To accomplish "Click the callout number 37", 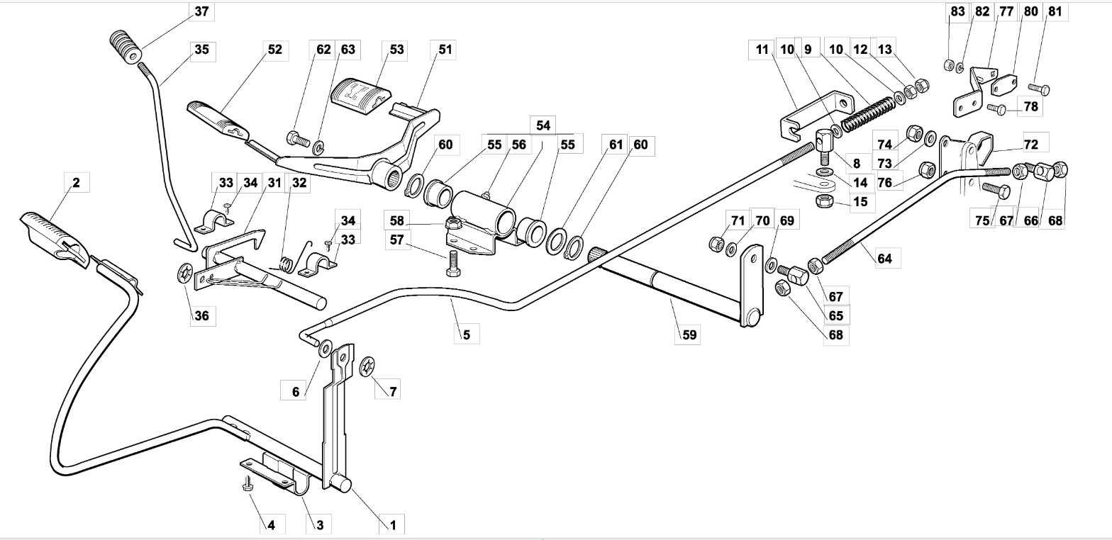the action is pos(201,11).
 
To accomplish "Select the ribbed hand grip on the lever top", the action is pos(125,47).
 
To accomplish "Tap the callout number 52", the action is pos(274,50).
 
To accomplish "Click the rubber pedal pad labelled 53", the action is pos(361,97).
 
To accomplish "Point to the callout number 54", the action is pos(543,125).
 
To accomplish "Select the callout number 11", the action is pos(762,50).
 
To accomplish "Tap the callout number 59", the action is pos(689,334).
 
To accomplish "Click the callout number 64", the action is pos(884,259).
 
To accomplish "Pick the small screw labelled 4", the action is pos(247,483).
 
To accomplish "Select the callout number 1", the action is pos(393,525).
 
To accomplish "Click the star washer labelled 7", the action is pos(367,366).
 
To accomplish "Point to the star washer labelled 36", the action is pos(185,274).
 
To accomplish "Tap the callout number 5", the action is pos(466,334).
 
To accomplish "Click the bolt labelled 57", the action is pos(452,264).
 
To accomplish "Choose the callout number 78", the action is pos(1031,106).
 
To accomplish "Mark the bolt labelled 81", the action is pos(1039,89).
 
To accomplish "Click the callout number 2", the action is pos(76,182).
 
